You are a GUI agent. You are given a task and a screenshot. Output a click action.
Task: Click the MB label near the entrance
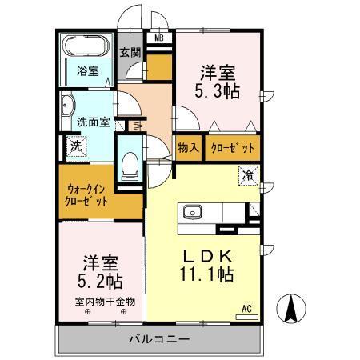point(158,37)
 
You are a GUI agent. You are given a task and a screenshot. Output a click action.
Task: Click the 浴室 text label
point(87,70)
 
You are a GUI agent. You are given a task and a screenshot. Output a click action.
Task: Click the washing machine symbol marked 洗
point(76,146)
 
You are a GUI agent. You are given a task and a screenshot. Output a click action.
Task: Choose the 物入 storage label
point(188,147)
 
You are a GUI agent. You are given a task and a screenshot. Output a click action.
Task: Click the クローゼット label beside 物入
point(233,147)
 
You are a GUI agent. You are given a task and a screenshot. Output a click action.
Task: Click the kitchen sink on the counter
point(193,212)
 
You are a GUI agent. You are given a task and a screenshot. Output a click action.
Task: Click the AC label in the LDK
point(247,308)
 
